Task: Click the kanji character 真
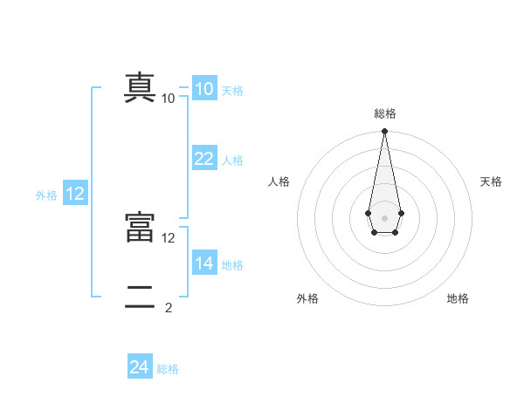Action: tap(140, 88)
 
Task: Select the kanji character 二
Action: tap(140, 297)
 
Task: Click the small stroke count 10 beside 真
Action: tap(169, 99)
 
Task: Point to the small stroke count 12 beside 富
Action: tap(169, 237)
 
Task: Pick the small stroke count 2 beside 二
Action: tap(169, 307)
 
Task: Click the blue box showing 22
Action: tap(204, 159)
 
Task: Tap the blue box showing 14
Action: tap(204, 263)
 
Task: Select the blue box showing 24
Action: tap(140, 368)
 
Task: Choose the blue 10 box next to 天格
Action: tap(204, 89)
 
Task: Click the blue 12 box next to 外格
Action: tap(75, 195)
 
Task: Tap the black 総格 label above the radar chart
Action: tap(384, 113)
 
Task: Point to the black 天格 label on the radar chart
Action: tap(491, 181)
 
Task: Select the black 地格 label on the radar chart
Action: tap(458, 299)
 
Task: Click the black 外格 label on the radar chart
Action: tap(307, 299)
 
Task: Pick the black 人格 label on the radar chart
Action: tap(279, 181)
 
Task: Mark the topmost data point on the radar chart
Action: tap(384, 132)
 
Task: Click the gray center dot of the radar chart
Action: tap(384, 217)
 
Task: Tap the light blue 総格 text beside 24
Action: tap(168, 369)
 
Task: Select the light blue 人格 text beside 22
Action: tap(232, 161)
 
